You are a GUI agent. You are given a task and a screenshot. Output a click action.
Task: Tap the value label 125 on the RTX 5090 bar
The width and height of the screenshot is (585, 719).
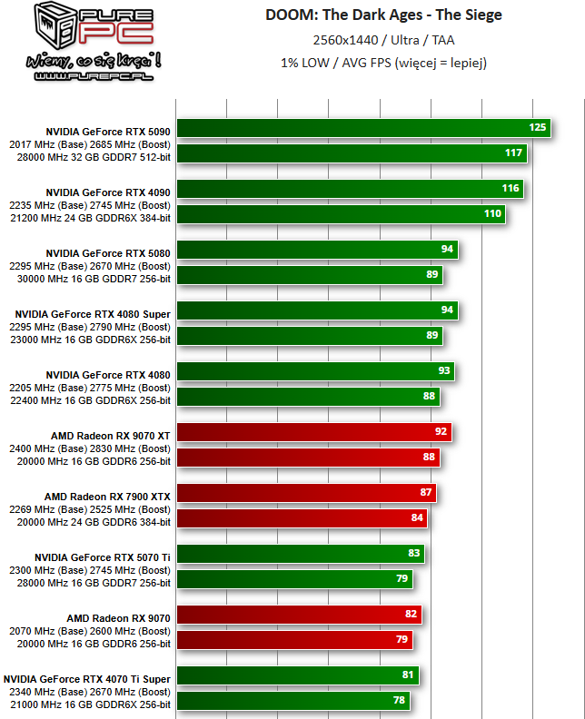pos(537,127)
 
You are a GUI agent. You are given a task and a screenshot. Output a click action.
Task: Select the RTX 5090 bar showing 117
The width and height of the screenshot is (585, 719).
pos(352,153)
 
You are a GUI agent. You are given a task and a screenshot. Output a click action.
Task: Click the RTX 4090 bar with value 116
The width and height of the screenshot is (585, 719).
pos(350,188)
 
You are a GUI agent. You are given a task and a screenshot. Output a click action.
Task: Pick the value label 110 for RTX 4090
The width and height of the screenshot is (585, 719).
pos(492,213)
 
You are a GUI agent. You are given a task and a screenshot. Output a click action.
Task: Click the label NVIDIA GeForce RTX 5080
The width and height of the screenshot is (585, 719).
pos(108,252)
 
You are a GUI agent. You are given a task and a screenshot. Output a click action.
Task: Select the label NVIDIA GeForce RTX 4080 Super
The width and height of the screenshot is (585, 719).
pos(93,313)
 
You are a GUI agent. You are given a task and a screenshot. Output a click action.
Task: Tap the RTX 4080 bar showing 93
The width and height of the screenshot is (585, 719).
pos(314,371)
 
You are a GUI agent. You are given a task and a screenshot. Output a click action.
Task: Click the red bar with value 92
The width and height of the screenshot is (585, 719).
pos(313,432)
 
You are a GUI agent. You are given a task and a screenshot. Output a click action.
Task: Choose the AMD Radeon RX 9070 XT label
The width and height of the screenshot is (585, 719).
pos(111,435)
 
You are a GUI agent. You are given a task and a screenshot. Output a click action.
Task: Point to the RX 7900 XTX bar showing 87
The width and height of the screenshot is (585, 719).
pos(306,493)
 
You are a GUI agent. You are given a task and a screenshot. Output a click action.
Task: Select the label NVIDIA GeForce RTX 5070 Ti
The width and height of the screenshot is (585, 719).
pos(103,556)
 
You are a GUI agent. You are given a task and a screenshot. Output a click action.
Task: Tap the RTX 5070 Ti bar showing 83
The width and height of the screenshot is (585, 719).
pos(300,554)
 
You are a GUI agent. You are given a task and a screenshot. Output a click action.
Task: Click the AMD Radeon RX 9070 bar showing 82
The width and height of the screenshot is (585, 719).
pos(299,615)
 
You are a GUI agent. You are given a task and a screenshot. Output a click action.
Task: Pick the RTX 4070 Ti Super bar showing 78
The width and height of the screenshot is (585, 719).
pos(292,701)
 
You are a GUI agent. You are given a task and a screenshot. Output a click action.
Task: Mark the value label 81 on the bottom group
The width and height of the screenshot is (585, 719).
pos(408,675)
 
